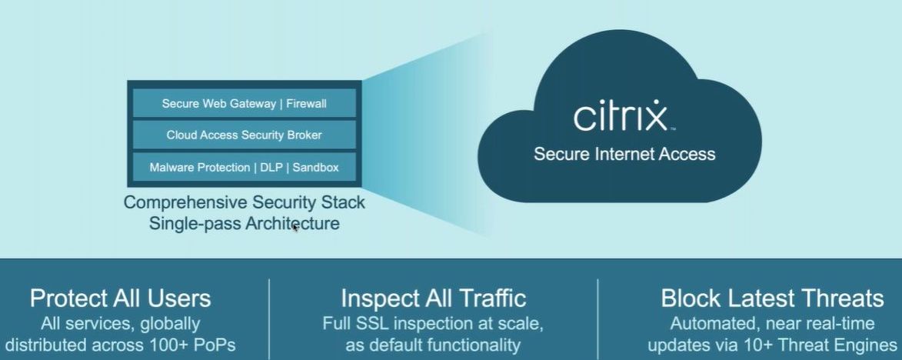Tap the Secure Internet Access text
tap(624, 154)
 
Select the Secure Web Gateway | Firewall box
tap(245, 103)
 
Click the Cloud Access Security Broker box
tap(245, 135)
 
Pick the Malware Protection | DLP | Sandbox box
tap(245, 167)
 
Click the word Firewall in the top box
tap(306, 103)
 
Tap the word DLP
tap(274, 167)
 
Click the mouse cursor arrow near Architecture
tap(295, 227)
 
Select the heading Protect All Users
tap(120, 298)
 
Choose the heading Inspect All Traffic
tap(433, 298)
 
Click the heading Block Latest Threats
tap(772, 298)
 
